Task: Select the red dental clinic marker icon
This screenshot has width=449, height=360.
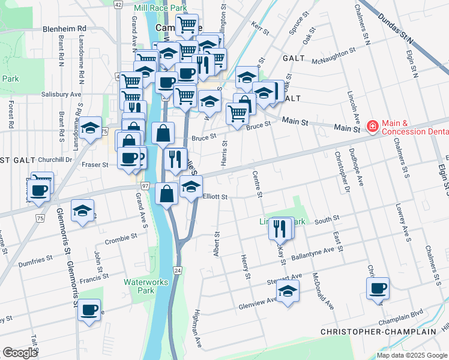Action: [372, 126]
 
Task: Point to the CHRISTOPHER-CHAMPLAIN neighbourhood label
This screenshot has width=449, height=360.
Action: [378, 332]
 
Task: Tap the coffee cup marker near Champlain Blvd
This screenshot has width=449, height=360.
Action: [378, 289]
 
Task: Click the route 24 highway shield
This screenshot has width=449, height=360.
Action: [178, 271]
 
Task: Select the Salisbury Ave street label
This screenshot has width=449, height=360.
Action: [61, 95]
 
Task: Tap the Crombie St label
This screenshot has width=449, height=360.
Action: [121, 238]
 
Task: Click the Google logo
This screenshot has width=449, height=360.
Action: [19, 353]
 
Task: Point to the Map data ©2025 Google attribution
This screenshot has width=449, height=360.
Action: [411, 355]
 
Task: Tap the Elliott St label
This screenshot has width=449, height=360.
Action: [215, 197]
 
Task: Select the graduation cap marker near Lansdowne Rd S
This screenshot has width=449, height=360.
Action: [90, 128]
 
